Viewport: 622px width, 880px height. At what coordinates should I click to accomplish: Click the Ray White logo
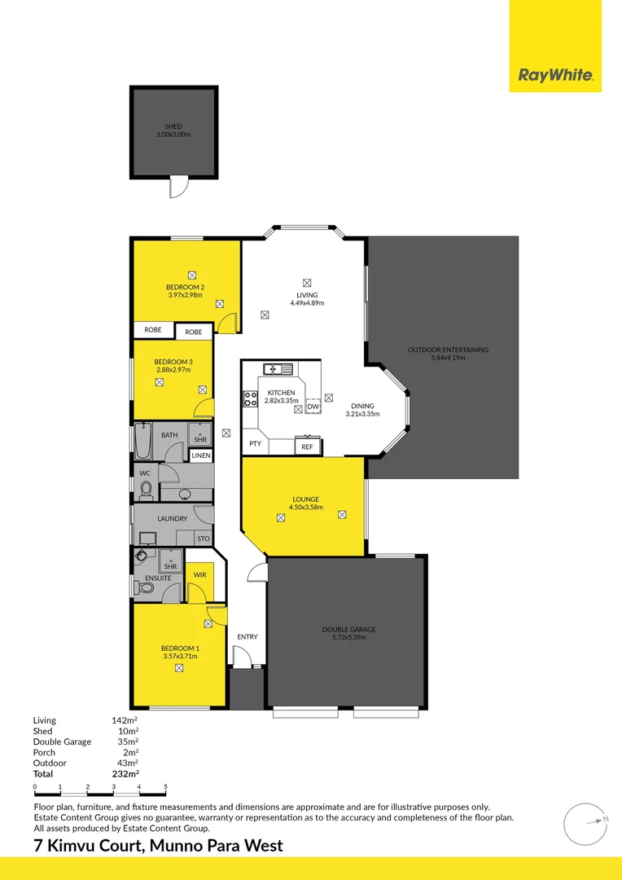[x=555, y=75]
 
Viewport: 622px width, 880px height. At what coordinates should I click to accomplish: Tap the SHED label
[x=173, y=127]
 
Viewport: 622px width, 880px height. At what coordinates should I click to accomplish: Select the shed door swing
[x=179, y=187]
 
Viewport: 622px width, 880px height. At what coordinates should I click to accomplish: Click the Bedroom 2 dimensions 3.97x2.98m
[x=185, y=295]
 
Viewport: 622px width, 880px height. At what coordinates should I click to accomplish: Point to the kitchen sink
[x=278, y=369]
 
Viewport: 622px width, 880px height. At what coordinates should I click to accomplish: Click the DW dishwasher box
[x=313, y=407]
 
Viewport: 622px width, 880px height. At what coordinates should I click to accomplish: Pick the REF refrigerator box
[x=308, y=447]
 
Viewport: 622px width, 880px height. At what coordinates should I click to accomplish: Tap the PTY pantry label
[x=255, y=444]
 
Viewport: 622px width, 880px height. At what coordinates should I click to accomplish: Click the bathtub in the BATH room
[x=143, y=441]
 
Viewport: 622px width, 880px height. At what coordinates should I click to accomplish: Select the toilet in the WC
[x=146, y=490]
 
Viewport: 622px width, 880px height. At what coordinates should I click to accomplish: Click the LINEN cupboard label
[x=201, y=455]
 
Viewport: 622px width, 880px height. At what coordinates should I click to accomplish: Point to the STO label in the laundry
[x=203, y=539]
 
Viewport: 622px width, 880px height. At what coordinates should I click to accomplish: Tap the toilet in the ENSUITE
[x=145, y=587]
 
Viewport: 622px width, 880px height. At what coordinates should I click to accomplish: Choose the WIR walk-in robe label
[x=199, y=575]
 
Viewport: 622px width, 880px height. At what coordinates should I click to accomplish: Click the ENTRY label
[x=247, y=637]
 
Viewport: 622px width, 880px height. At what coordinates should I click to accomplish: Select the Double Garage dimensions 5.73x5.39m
[x=349, y=637]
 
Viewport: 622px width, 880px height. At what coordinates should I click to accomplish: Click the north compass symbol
[x=586, y=824]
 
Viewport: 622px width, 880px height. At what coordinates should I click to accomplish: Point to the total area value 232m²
[x=125, y=774]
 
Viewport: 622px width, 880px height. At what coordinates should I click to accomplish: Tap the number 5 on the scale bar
[x=165, y=787]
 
